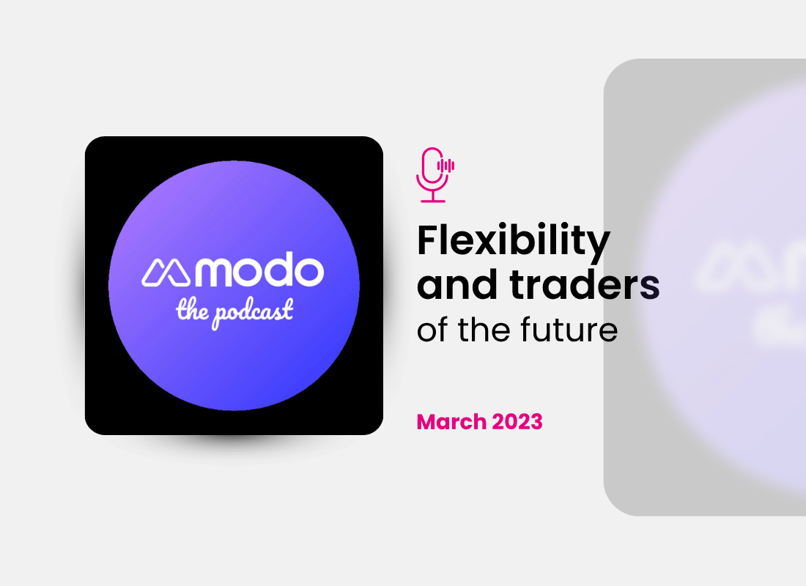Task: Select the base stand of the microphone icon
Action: coord(432,199)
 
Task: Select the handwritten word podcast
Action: coord(253,312)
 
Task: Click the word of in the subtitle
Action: coord(432,330)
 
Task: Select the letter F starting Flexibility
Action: coord(427,240)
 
